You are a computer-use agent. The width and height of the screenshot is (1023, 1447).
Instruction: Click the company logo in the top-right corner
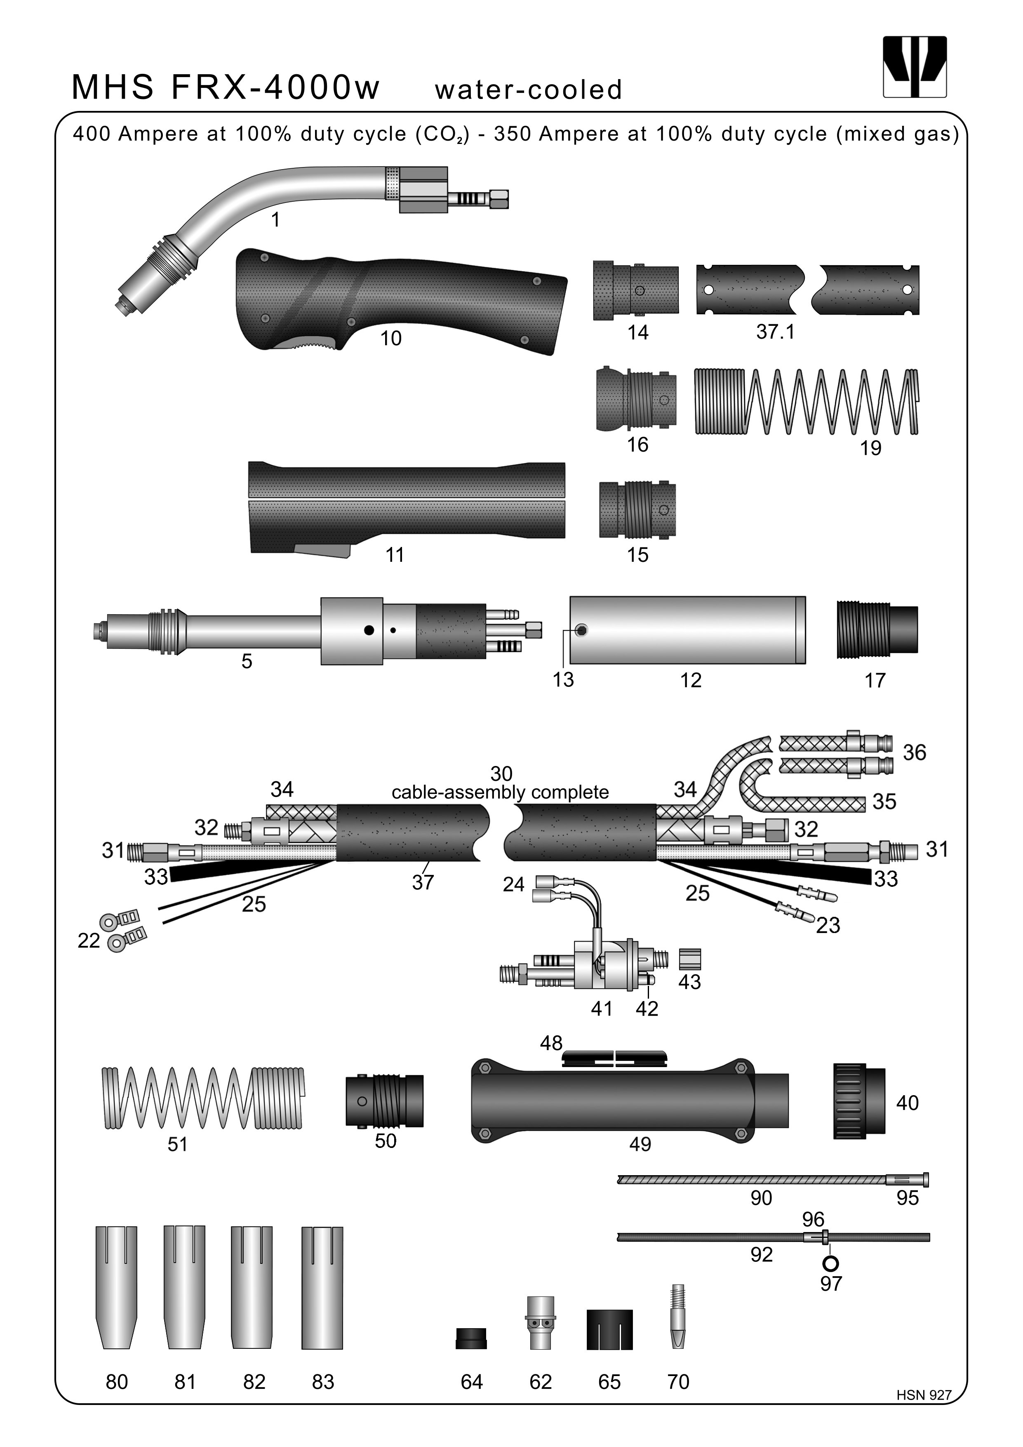coord(915,67)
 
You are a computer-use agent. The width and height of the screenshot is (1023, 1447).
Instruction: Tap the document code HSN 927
coord(924,1395)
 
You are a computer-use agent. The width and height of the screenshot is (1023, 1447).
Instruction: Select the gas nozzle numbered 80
coord(117,1287)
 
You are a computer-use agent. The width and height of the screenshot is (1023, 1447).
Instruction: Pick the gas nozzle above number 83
coord(322,1287)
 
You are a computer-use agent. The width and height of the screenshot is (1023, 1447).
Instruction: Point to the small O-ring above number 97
coord(831,1262)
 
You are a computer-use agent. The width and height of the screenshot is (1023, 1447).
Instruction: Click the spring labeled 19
coord(806,401)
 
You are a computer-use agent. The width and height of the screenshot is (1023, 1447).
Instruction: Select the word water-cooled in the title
coord(528,90)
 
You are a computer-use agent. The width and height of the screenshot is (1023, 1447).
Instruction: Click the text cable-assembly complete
coord(500,792)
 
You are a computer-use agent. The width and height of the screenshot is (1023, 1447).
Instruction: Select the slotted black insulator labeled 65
coord(609,1330)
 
